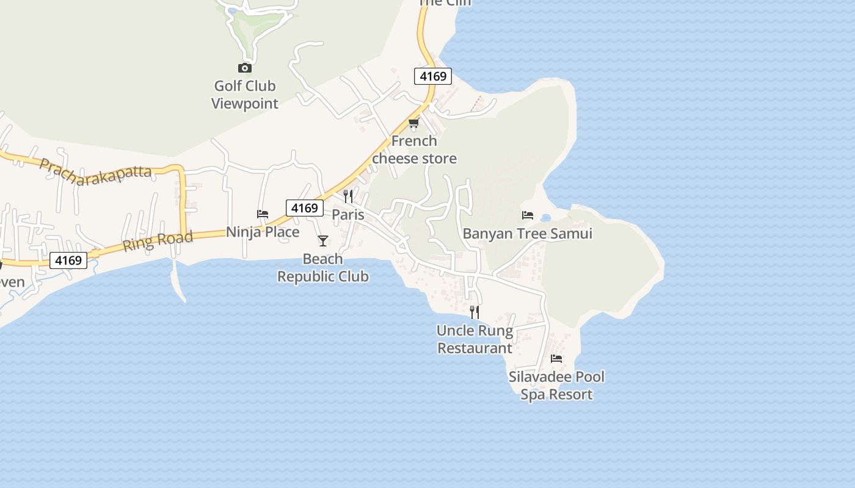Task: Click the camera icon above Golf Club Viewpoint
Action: (245, 68)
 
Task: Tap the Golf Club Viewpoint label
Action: (245, 95)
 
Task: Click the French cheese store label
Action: (414, 149)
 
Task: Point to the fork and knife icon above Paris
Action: (348, 196)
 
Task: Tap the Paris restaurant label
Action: (348, 215)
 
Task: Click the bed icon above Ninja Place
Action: (263, 214)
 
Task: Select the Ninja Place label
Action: (263, 232)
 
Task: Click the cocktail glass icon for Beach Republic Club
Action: (323, 241)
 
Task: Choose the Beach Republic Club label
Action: (323, 268)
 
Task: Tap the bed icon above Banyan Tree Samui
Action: (528, 215)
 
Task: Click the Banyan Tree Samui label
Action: (528, 234)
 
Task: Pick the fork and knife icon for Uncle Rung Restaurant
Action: (475, 312)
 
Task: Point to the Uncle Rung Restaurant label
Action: (475, 339)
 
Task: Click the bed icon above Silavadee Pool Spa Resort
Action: (556, 359)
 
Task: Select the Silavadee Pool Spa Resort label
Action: (556, 386)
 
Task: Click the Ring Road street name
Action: (158, 240)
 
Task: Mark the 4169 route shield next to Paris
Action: (305, 208)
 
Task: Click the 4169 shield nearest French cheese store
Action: (433, 76)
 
